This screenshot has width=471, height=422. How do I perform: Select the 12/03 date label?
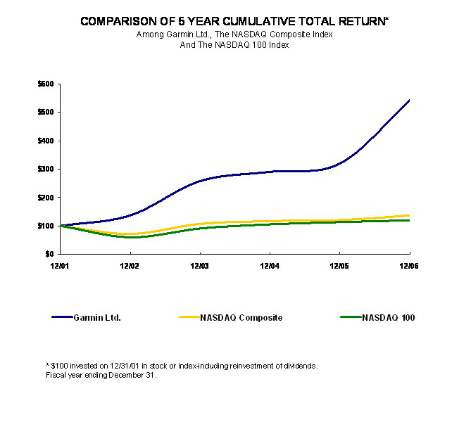(200, 265)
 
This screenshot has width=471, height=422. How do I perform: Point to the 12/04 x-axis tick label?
(270, 265)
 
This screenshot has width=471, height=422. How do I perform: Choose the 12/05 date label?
(340, 265)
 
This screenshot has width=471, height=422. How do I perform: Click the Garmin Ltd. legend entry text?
(97, 318)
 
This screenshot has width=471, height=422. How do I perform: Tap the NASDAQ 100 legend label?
(389, 318)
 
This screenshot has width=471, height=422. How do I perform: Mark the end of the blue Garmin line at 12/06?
(410, 100)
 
